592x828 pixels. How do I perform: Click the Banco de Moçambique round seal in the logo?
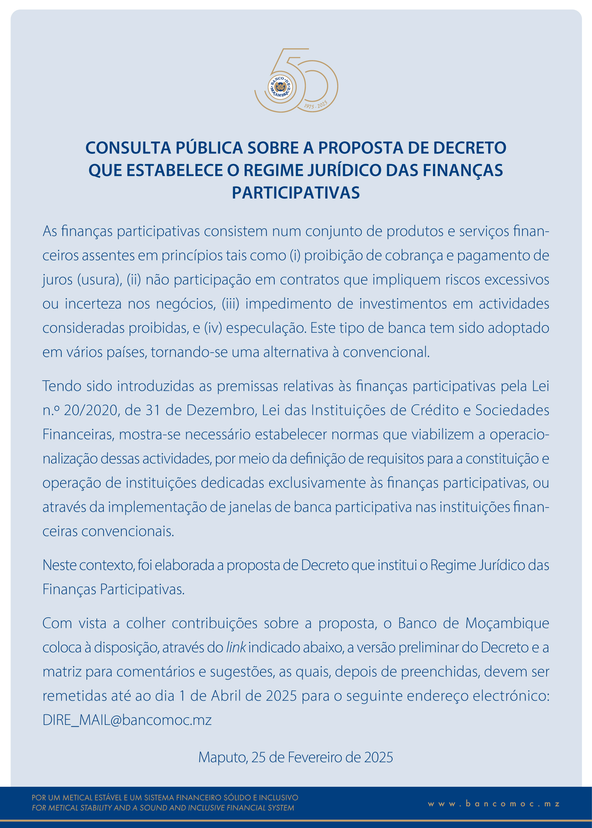280,87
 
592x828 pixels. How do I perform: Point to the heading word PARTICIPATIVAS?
296,193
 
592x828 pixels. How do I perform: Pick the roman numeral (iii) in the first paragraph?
230,304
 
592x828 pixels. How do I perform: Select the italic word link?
236,648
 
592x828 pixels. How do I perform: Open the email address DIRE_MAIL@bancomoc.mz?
127,720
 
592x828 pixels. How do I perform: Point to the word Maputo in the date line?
223,758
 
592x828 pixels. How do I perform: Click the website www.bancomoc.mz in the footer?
494,804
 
